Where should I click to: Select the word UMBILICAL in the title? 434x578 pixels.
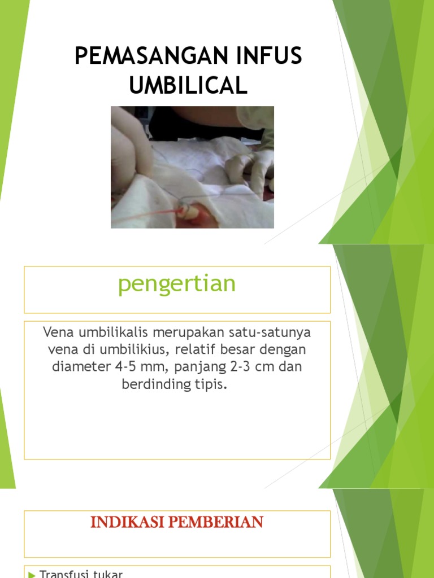[188, 86]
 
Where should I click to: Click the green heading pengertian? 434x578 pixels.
[177, 284]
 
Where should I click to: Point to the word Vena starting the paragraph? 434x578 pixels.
[57, 332]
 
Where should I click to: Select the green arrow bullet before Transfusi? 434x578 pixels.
[32, 575]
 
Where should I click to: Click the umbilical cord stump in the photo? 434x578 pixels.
[190, 213]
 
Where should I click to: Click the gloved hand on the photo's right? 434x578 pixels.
[251, 167]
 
